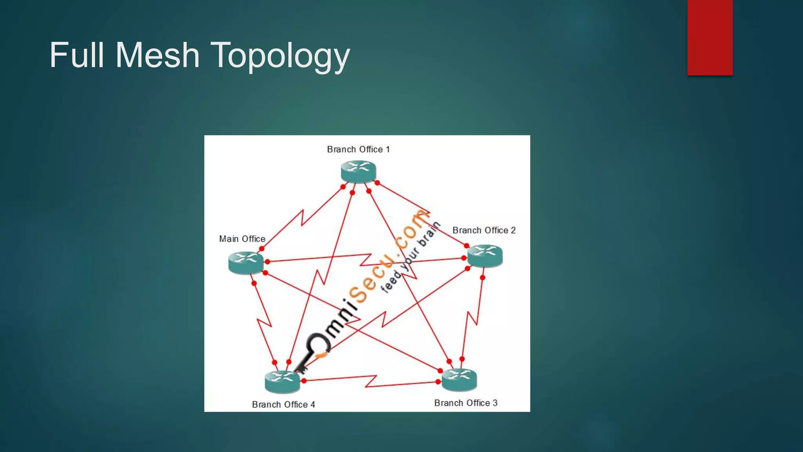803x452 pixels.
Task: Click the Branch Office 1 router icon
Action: (358, 171)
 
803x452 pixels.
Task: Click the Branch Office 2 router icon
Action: (485, 255)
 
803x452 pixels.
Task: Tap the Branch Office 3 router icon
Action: (459, 379)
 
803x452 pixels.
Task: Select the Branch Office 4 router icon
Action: (282, 382)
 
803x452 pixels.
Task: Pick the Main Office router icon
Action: (246, 262)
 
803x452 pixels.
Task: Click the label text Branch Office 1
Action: (358, 149)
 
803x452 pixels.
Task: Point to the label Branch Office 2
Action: (484, 230)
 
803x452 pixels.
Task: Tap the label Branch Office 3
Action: (466, 403)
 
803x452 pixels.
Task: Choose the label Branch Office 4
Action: (283, 405)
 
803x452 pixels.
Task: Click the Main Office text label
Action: (242, 239)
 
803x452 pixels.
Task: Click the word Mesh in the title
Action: (158, 55)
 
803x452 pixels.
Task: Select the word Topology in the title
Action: (280, 56)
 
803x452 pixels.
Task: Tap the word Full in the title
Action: (77, 55)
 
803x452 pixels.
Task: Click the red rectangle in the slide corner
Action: (710, 38)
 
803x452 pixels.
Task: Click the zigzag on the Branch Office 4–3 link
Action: (371, 381)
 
